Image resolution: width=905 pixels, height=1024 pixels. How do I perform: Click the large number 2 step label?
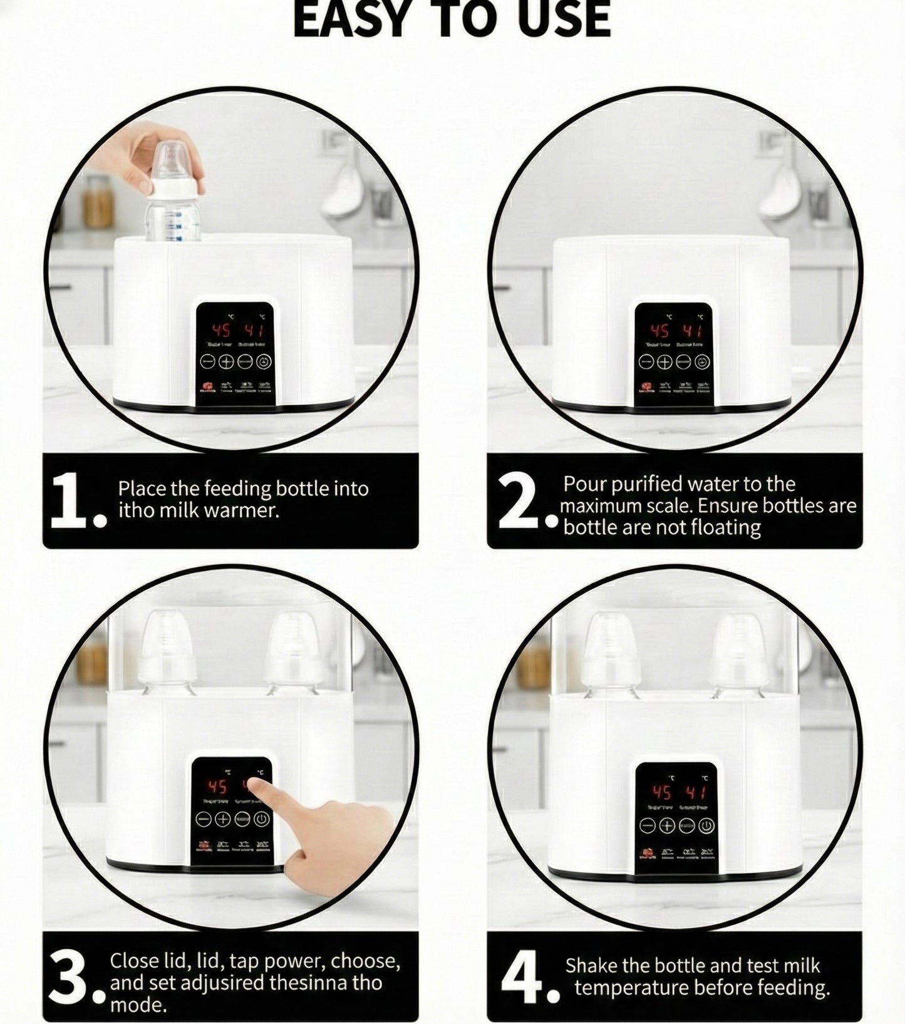[516, 501]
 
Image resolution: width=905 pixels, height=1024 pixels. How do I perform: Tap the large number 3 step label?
[68, 982]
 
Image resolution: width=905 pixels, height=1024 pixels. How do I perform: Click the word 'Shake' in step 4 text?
[591, 966]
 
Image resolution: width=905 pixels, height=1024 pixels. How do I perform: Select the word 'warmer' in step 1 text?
[247, 510]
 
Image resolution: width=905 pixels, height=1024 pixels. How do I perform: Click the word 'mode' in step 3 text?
[137, 1005]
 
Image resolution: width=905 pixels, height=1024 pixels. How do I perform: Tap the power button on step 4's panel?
[706, 826]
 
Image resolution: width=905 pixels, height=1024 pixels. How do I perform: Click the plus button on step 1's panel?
[226, 362]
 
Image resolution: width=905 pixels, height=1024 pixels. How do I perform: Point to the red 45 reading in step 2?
[659, 331]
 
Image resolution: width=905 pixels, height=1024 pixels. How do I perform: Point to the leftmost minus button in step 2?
[646, 362]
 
